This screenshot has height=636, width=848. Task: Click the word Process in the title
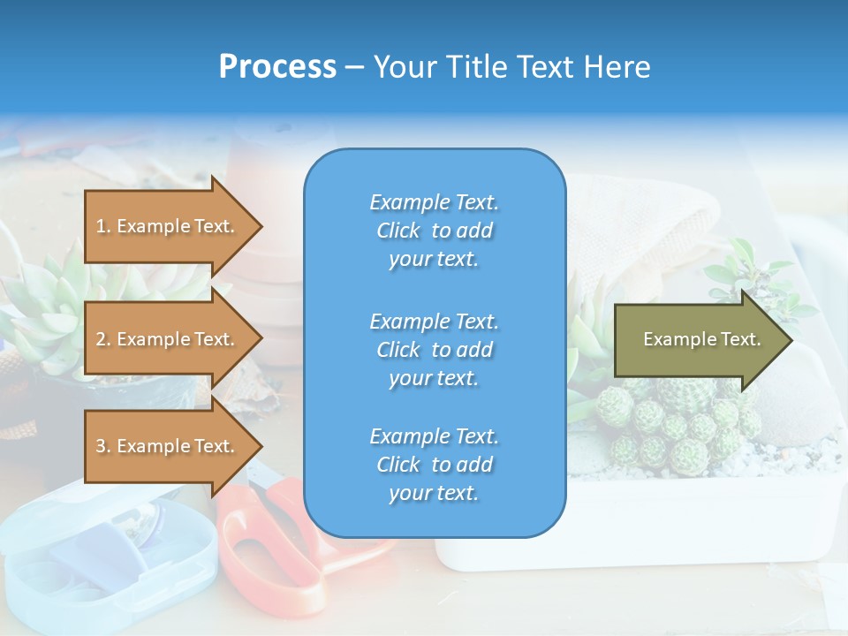[277, 67]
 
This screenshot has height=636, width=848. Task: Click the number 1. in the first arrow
[103, 226]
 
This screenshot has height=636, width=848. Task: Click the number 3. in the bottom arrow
[103, 446]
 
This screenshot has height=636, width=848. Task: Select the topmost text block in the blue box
[434, 231]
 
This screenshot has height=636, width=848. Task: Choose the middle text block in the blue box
[434, 350]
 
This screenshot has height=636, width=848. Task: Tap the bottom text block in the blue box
[434, 465]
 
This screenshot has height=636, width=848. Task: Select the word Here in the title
[621, 67]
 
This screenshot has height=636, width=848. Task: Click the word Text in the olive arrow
[740, 339]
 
